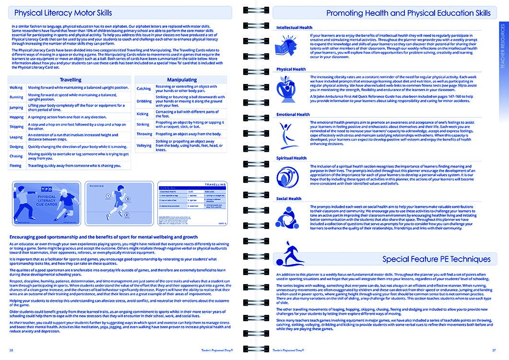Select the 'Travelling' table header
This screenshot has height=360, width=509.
(x=70, y=80)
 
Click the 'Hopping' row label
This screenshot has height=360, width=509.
(x=16, y=117)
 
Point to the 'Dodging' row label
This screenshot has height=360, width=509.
(x=16, y=146)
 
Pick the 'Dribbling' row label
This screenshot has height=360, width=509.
(x=144, y=101)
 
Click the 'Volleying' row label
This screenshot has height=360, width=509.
(x=144, y=145)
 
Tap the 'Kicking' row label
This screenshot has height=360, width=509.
(x=142, y=114)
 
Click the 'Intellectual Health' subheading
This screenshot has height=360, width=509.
(x=294, y=28)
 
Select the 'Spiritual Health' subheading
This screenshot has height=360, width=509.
(x=291, y=158)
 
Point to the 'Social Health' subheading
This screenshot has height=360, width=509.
(x=289, y=199)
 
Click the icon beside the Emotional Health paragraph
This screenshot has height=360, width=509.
(x=286, y=133)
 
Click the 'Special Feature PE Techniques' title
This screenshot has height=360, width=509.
(x=437, y=259)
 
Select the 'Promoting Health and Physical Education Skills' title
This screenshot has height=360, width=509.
(x=408, y=13)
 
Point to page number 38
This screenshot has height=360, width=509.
(x=11, y=349)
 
